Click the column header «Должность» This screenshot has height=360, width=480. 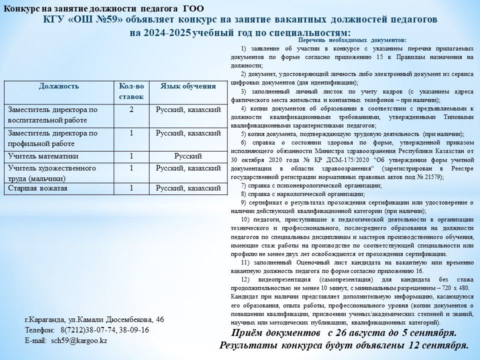click(59, 86)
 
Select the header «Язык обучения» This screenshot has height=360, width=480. click(188, 86)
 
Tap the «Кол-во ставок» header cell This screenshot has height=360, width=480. click(131, 91)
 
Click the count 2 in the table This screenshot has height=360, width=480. click(131, 109)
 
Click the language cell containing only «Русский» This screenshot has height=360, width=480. click(188, 156)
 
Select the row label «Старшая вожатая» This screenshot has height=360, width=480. click(37, 188)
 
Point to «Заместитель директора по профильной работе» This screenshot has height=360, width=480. click(53, 138)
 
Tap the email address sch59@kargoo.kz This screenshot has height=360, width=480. click(79, 340)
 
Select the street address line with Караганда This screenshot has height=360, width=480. click(94, 319)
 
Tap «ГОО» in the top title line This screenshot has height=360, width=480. click(193, 8)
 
